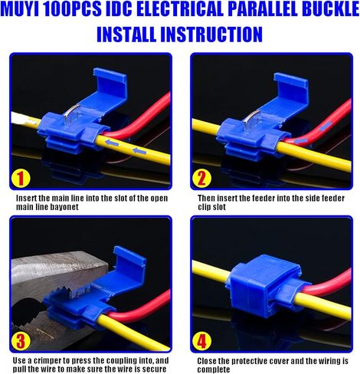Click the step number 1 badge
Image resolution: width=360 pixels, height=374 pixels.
[x=21, y=178]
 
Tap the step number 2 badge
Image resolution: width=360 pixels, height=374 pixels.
[x=201, y=178]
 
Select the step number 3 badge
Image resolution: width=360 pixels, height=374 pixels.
[x=21, y=340]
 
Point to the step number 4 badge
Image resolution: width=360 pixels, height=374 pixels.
[x=201, y=340]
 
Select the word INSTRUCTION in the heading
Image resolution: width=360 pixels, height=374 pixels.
[x=211, y=34]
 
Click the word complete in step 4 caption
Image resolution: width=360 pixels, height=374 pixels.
[x=214, y=369]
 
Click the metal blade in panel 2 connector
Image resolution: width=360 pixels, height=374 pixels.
[x=252, y=120]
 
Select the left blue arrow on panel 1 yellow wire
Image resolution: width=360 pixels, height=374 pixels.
[x=113, y=143]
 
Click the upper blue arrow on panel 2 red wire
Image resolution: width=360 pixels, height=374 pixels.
[x=326, y=126]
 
